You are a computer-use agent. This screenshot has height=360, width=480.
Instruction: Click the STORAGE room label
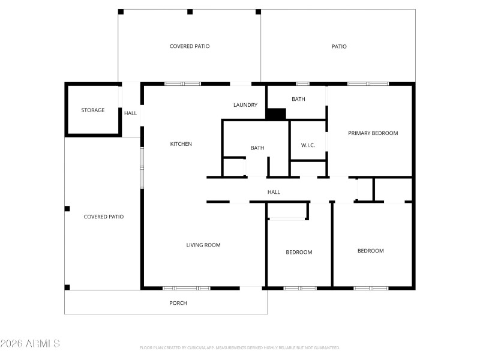(x=93, y=110)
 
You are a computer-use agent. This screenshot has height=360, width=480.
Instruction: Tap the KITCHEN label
(x=181, y=144)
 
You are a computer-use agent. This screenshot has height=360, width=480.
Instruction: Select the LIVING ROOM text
(x=203, y=245)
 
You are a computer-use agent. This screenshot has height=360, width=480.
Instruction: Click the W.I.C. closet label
(x=308, y=146)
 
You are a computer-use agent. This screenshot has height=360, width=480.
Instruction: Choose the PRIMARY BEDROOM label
(x=373, y=133)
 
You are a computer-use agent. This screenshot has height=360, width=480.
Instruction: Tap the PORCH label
(x=178, y=303)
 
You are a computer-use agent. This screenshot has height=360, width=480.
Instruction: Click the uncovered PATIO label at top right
(x=339, y=46)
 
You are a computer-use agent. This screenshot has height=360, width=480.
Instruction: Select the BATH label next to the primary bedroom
(x=298, y=99)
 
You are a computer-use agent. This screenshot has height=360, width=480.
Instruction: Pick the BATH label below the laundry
(x=257, y=148)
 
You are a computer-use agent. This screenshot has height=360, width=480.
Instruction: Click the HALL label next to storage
(x=130, y=113)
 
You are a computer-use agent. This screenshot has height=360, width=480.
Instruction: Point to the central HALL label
(x=274, y=192)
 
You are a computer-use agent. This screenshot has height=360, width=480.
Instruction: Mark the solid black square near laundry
(x=276, y=114)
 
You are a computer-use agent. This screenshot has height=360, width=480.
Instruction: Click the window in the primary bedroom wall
(x=368, y=84)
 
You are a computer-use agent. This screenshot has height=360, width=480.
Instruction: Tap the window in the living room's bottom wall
(x=187, y=288)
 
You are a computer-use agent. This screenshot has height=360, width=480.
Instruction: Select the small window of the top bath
(x=302, y=84)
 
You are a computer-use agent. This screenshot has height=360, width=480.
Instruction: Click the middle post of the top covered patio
(x=190, y=11)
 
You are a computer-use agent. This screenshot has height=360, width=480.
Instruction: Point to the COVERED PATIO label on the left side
(x=103, y=217)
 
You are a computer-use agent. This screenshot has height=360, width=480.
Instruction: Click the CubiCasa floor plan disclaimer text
(x=240, y=347)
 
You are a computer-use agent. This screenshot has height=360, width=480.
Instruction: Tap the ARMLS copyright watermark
(x=30, y=344)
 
